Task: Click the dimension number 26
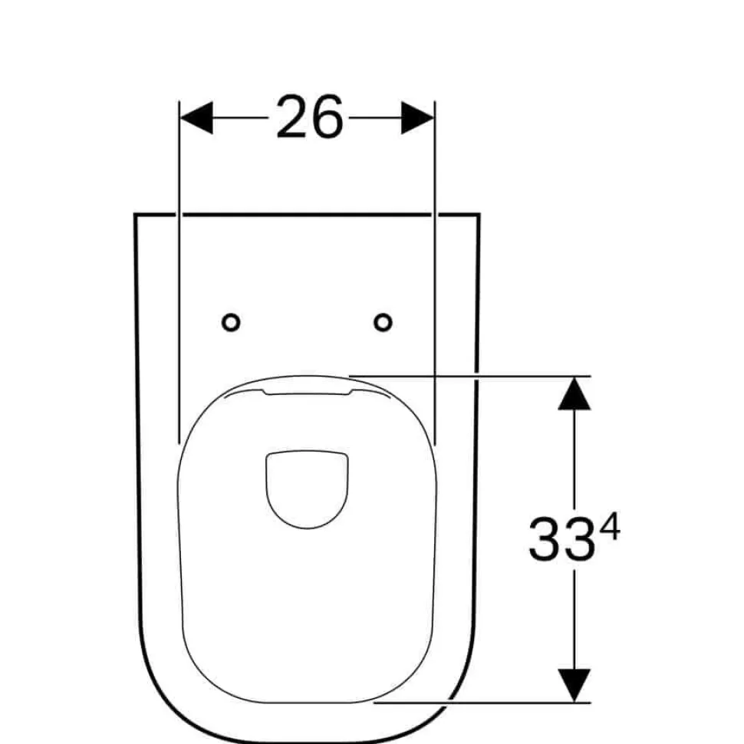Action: click(x=309, y=117)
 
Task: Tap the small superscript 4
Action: click(x=611, y=528)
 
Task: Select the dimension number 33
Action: click(x=561, y=539)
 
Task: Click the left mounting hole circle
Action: click(x=231, y=323)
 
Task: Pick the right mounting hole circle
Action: click(x=383, y=323)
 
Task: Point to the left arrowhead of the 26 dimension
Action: click(x=196, y=117)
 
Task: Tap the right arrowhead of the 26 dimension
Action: click(x=417, y=117)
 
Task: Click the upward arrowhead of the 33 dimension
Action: click(x=574, y=393)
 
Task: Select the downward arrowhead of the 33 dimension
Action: click(x=574, y=685)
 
